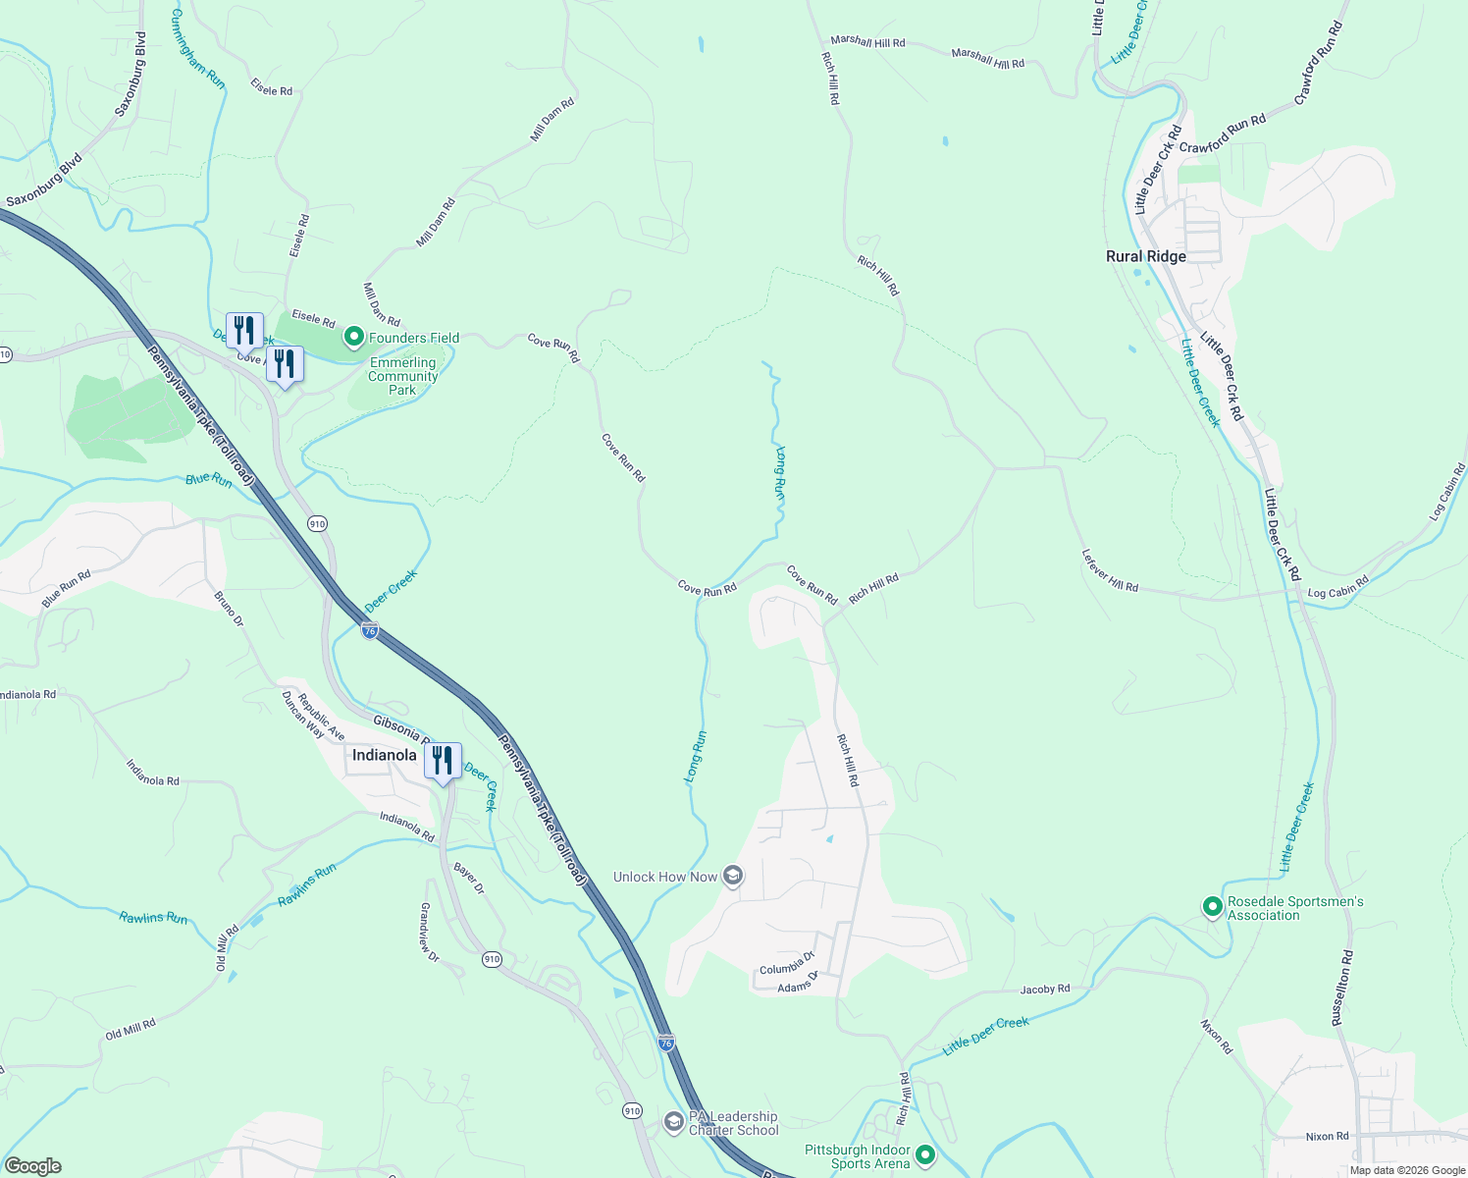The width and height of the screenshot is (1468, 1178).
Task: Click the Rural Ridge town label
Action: click(1145, 256)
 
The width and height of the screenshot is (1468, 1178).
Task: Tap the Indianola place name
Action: click(384, 755)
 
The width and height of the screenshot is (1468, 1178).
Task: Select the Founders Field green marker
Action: click(353, 338)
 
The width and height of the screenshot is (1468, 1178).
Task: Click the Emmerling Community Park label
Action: click(402, 376)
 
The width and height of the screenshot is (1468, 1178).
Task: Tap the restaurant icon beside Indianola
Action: click(443, 761)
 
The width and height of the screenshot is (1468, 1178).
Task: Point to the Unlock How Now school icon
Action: click(732, 876)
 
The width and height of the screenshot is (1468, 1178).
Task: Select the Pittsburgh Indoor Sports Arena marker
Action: click(924, 1156)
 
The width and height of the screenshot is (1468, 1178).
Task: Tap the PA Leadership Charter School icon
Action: click(673, 1121)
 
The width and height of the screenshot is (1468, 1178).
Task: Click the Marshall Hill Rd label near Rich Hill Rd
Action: click(867, 42)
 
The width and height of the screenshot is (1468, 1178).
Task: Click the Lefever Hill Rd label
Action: click(1110, 570)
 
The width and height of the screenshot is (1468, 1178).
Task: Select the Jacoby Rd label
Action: click(1044, 990)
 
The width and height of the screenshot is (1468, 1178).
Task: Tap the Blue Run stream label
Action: click(209, 479)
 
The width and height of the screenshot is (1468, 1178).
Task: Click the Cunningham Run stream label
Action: click(197, 49)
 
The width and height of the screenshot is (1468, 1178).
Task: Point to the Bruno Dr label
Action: click(229, 609)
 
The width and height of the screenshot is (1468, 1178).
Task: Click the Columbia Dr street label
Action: click(787, 964)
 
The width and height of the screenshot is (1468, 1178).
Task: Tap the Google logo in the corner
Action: click(32, 1166)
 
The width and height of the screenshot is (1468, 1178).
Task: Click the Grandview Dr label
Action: click(430, 933)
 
